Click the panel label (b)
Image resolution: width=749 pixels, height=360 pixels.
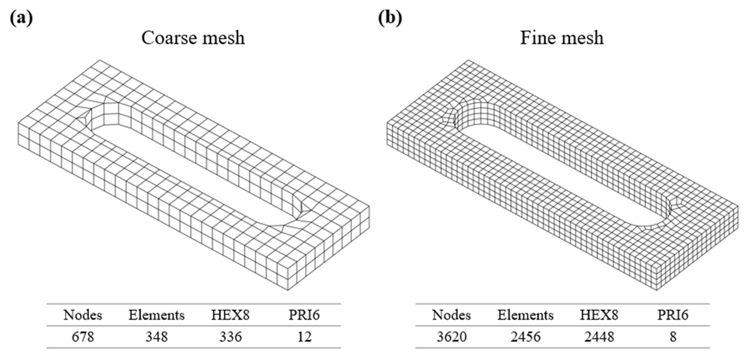[x=390, y=18]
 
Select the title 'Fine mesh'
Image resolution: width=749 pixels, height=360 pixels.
[x=561, y=38]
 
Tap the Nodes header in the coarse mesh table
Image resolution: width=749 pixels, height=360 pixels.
[x=83, y=315]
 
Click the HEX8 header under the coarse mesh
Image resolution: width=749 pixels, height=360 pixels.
[x=230, y=315]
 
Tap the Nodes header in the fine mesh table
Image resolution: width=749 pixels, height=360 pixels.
[x=451, y=315]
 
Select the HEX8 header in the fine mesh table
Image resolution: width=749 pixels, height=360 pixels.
[x=599, y=315]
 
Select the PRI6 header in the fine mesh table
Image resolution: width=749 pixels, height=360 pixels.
[x=673, y=315]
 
